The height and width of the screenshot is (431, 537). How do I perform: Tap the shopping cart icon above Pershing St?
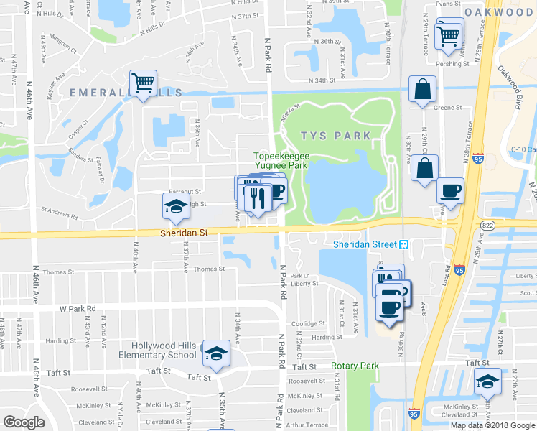(x=449, y=33)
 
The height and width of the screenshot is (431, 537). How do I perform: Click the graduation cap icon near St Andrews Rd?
(x=174, y=208)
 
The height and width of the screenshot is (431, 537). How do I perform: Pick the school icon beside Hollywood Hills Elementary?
(x=215, y=353)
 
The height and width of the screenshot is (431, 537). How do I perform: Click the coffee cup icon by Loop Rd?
(x=450, y=191)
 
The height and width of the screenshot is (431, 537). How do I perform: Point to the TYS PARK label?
(x=336, y=135)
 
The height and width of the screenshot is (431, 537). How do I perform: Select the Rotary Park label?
(x=355, y=366)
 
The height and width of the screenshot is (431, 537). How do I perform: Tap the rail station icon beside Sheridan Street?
(x=404, y=244)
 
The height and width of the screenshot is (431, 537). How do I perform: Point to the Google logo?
(x=24, y=422)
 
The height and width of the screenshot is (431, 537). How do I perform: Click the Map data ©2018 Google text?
(x=492, y=425)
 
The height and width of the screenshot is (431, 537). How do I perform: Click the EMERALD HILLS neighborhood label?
(x=126, y=93)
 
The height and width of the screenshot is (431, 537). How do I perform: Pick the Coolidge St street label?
(x=309, y=323)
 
